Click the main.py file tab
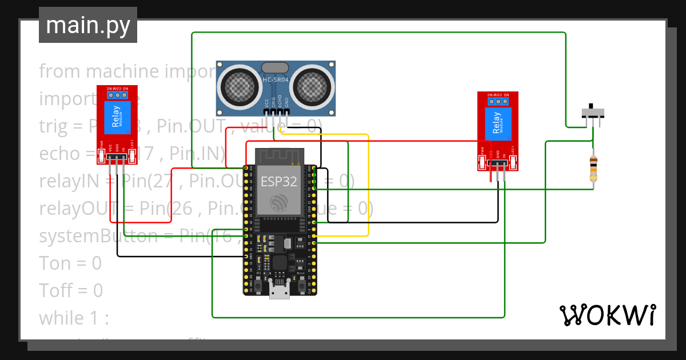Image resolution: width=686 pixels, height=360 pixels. tap(87, 26)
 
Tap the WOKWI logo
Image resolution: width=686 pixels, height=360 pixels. tap(607, 315)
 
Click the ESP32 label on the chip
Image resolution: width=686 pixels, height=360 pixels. tap(279, 182)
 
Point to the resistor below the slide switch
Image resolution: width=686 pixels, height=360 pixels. tap(595, 170)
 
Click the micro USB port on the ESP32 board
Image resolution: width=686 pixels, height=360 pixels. tap(280, 292)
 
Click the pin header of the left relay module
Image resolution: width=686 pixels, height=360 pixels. tap(117, 157)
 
